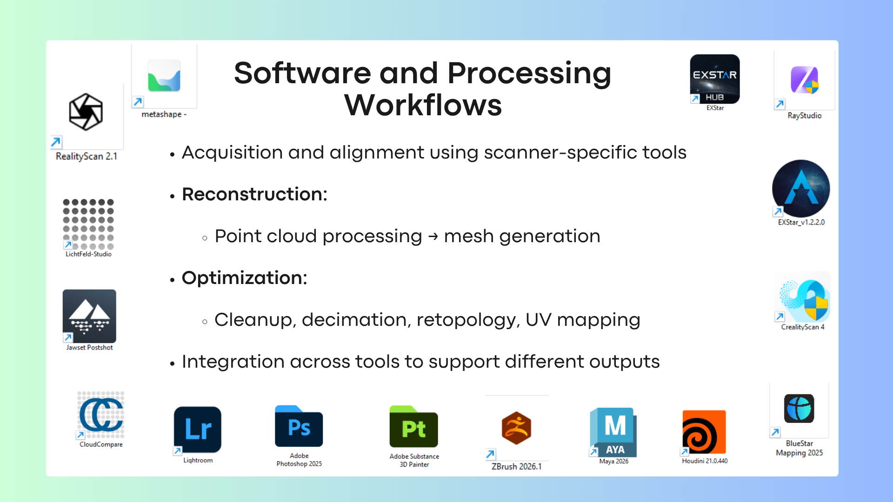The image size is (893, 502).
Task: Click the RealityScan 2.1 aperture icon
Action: (x=86, y=112)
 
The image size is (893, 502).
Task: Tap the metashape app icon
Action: (x=164, y=76)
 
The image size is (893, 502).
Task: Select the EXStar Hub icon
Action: (x=715, y=79)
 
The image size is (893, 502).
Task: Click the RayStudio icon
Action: (x=805, y=80)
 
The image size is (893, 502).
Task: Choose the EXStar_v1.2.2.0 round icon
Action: (x=801, y=188)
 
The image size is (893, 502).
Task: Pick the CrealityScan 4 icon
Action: (x=803, y=299)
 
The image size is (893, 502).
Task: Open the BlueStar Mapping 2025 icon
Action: (x=799, y=409)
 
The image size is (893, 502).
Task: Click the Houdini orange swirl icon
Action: (x=704, y=432)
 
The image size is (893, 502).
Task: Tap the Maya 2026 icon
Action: (x=613, y=432)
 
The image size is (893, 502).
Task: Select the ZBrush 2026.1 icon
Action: (x=516, y=428)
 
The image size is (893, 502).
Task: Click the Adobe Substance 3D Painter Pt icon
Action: (x=413, y=427)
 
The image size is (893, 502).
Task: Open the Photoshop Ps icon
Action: (x=299, y=427)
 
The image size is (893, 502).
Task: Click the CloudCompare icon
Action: (x=101, y=415)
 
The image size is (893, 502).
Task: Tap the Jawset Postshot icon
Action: (x=89, y=317)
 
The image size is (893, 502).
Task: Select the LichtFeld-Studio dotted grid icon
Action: (x=88, y=224)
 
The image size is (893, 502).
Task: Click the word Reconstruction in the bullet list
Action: (x=254, y=194)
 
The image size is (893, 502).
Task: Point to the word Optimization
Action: (x=244, y=278)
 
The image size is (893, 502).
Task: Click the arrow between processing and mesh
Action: (x=433, y=237)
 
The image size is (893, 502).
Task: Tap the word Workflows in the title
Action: (x=423, y=106)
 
